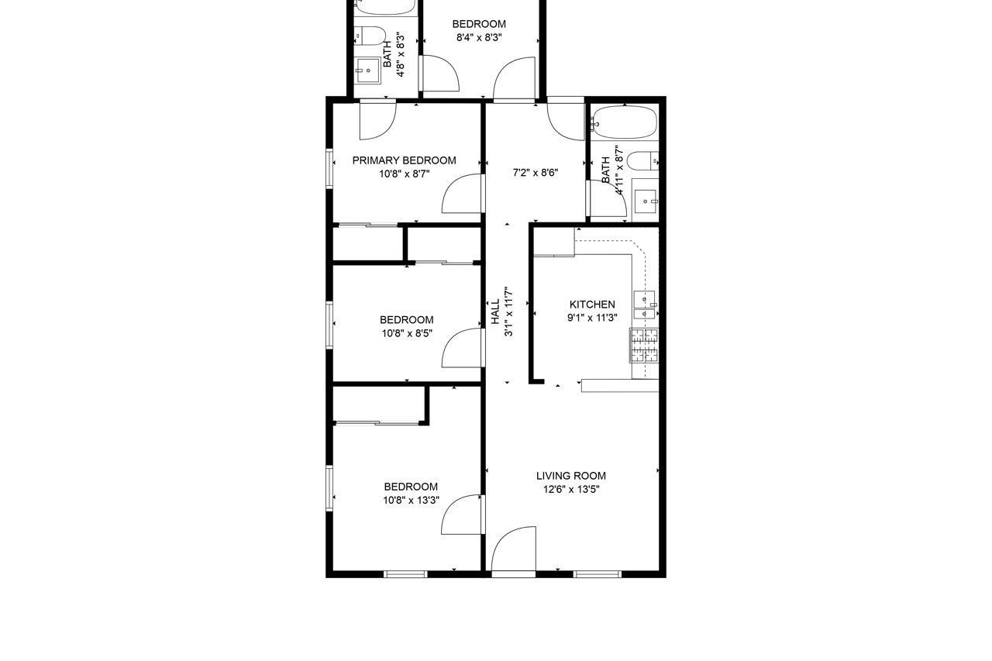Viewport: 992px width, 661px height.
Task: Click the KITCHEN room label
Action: (x=592, y=305)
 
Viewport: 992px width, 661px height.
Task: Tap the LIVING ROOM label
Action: (x=571, y=476)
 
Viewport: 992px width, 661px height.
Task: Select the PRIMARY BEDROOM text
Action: (x=404, y=160)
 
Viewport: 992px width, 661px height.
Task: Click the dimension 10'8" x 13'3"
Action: (x=411, y=500)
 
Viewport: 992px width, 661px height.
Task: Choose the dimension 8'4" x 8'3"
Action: (x=479, y=37)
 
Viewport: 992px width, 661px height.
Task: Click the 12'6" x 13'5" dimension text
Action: (x=571, y=489)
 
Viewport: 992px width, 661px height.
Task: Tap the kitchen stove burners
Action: (x=643, y=346)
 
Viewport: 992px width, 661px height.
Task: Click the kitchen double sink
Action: (x=644, y=305)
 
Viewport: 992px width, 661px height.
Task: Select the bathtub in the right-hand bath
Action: (x=625, y=122)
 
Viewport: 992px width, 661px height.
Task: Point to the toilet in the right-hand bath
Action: (x=642, y=162)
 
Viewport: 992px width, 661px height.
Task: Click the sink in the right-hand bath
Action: (x=645, y=201)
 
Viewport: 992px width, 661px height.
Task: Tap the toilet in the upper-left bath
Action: (x=370, y=35)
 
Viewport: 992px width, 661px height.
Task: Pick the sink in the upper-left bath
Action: (x=367, y=71)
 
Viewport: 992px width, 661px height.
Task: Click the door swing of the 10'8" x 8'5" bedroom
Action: (x=463, y=348)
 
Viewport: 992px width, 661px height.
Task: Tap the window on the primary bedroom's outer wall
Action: (x=329, y=168)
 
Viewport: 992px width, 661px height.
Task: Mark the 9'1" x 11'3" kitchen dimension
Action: (x=592, y=318)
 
